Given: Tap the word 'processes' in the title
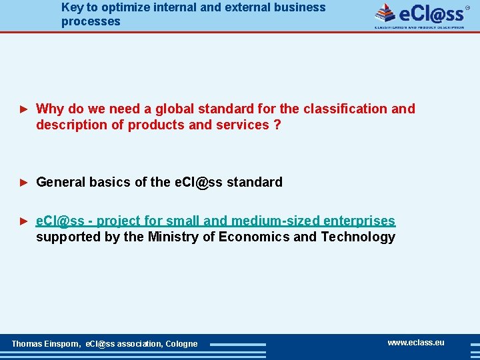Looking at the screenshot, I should pos(91,21).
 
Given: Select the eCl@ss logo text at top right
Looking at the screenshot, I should pos(431,13).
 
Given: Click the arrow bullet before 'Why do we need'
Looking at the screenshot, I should pos(23,109).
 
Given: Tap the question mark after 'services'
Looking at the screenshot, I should pos(277,125).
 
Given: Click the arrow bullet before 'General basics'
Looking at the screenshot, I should pos(23,182).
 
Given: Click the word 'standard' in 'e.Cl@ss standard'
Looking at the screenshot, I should pos(254,182).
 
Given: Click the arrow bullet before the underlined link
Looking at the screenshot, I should pos(23,221).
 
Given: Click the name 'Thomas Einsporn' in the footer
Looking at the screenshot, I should pos(46,344).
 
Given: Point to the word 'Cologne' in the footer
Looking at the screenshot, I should pos(181,344).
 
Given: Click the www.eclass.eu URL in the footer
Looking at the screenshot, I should pos(415,343).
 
